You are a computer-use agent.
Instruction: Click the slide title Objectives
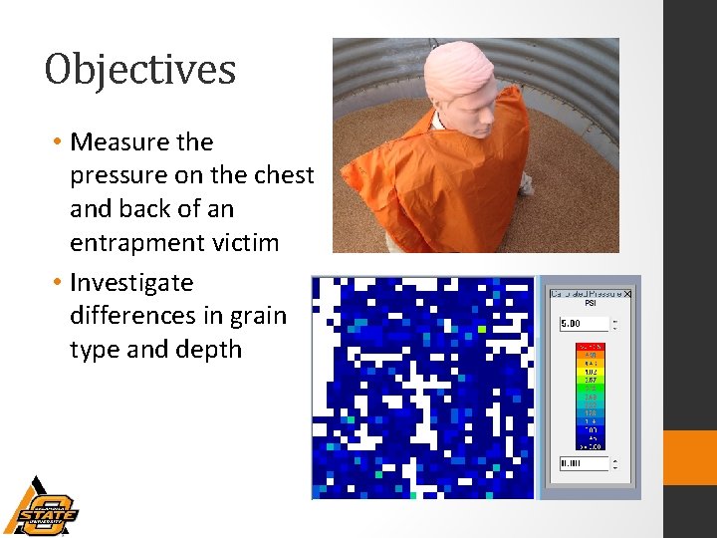point(140,70)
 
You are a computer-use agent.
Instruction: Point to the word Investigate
point(131,283)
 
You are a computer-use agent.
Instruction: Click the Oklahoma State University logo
point(40,506)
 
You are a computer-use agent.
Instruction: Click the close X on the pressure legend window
point(627,294)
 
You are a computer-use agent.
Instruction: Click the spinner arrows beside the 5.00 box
point(615,324)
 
